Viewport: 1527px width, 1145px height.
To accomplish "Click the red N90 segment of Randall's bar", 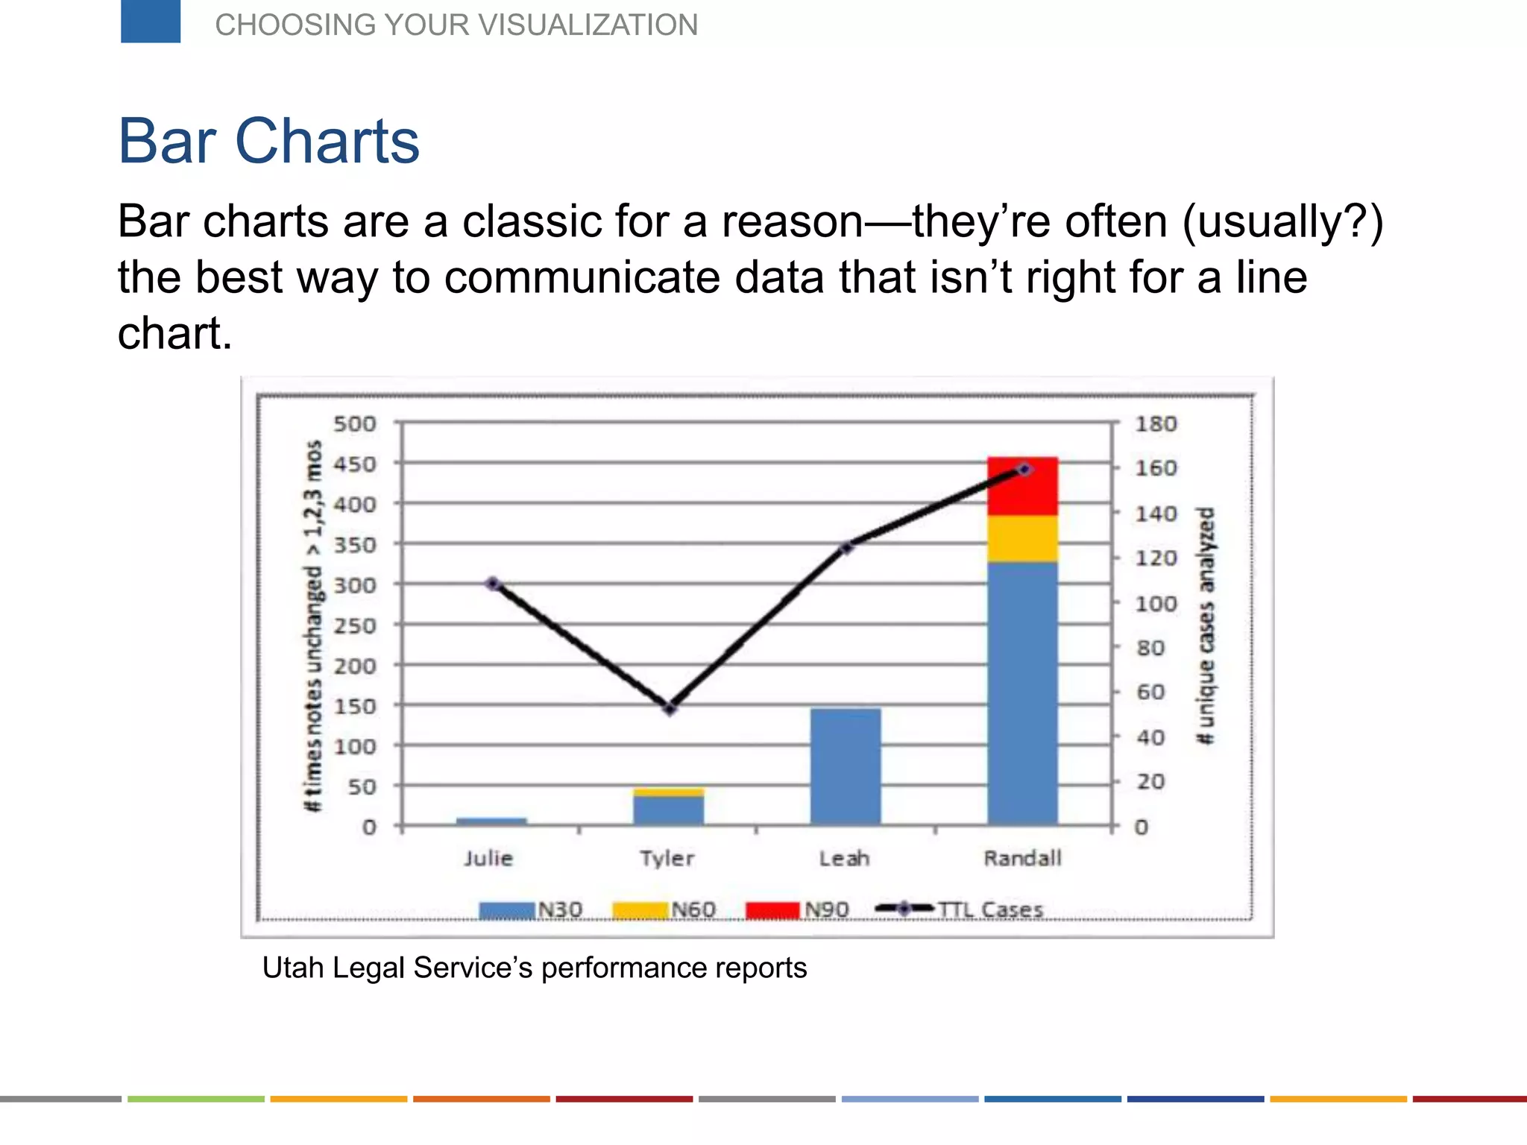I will pyautogui.click(x=1022, y=486).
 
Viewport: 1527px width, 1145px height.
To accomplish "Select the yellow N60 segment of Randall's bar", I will pyautogui.click(x=1022, y=538).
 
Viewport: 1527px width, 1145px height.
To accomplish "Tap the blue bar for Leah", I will pyautogui.click(x=846, y=766).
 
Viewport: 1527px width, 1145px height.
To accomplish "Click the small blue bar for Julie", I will pyautogui.click(x=491, y=821).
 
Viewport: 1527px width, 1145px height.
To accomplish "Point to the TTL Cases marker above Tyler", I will pyautogui.click(x=670, y=708).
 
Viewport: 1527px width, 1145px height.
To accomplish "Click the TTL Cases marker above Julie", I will pyautogui.click(x=493, y=584).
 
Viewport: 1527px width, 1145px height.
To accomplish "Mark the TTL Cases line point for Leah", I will pyautogui.click(x=846, y=548).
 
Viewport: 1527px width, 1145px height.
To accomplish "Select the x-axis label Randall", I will pyautogui.click(x=1022, y=858).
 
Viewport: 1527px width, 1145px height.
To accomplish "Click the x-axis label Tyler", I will pyautogui.click(x=667, y=858).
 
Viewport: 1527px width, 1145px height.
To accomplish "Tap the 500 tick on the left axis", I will pyautogui.click(x=355, y=424).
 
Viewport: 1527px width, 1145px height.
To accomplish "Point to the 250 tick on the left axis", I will pyautogui.click(x=355, y=625).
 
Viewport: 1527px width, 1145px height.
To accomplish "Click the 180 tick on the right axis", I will pyautogui.click(x=1156, y=424).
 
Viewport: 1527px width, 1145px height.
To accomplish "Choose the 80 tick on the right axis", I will pyautogui.click(x=1150, y=648).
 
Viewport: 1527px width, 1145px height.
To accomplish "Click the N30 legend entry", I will pyautogui.click(x=531, y=910).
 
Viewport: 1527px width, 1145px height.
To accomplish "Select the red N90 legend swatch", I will pyautogui.click(x=772, y=910).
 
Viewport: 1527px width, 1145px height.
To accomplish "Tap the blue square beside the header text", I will pyautogui.click(x=151, y=21).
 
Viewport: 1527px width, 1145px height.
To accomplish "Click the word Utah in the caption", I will pyautogui.click(x=293, y=968).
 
